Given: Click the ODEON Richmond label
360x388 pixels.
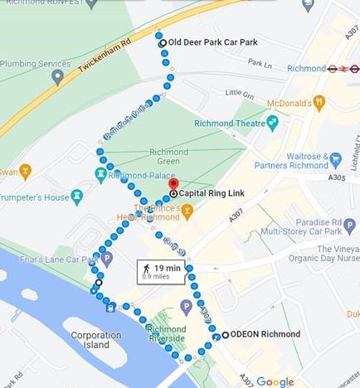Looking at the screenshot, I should click(266, 335).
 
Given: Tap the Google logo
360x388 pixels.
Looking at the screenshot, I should click(275, 381).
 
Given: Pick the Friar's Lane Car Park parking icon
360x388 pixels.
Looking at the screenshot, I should click(106, 259).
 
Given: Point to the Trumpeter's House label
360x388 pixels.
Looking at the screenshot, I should click(35, 197).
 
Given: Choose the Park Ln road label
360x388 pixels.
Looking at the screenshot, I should click(260, 63).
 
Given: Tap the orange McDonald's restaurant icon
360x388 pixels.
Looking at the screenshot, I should click(319, 102).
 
